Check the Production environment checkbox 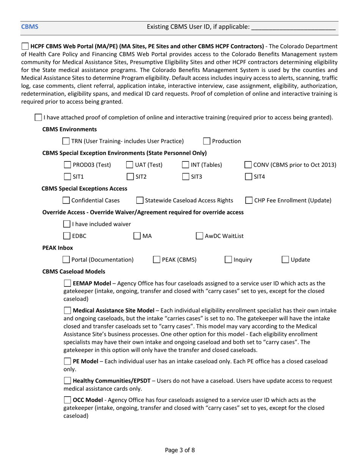[x=207, y=141]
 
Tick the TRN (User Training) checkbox [x=66, y=141]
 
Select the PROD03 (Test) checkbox [x=67, y=165]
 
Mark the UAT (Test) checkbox [x=130, y=165]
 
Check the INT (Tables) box [x=185, y=165]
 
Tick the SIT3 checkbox [x=185, y=177]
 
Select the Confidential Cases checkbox [x=66, y=200]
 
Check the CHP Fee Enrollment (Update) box [x=249, y=200]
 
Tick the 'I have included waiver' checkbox [x=67, y=224]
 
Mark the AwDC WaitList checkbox [x=199, y=236]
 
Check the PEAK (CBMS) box [x=157, y=260]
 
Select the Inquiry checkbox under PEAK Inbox [x=228, y=260]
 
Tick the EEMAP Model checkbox [x=67, y=283]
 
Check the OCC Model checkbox [x=67, y=400]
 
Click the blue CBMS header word [x=29, y=27]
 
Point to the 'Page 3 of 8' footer [x=180, y=450]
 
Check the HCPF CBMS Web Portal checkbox [x=25, y=47]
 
